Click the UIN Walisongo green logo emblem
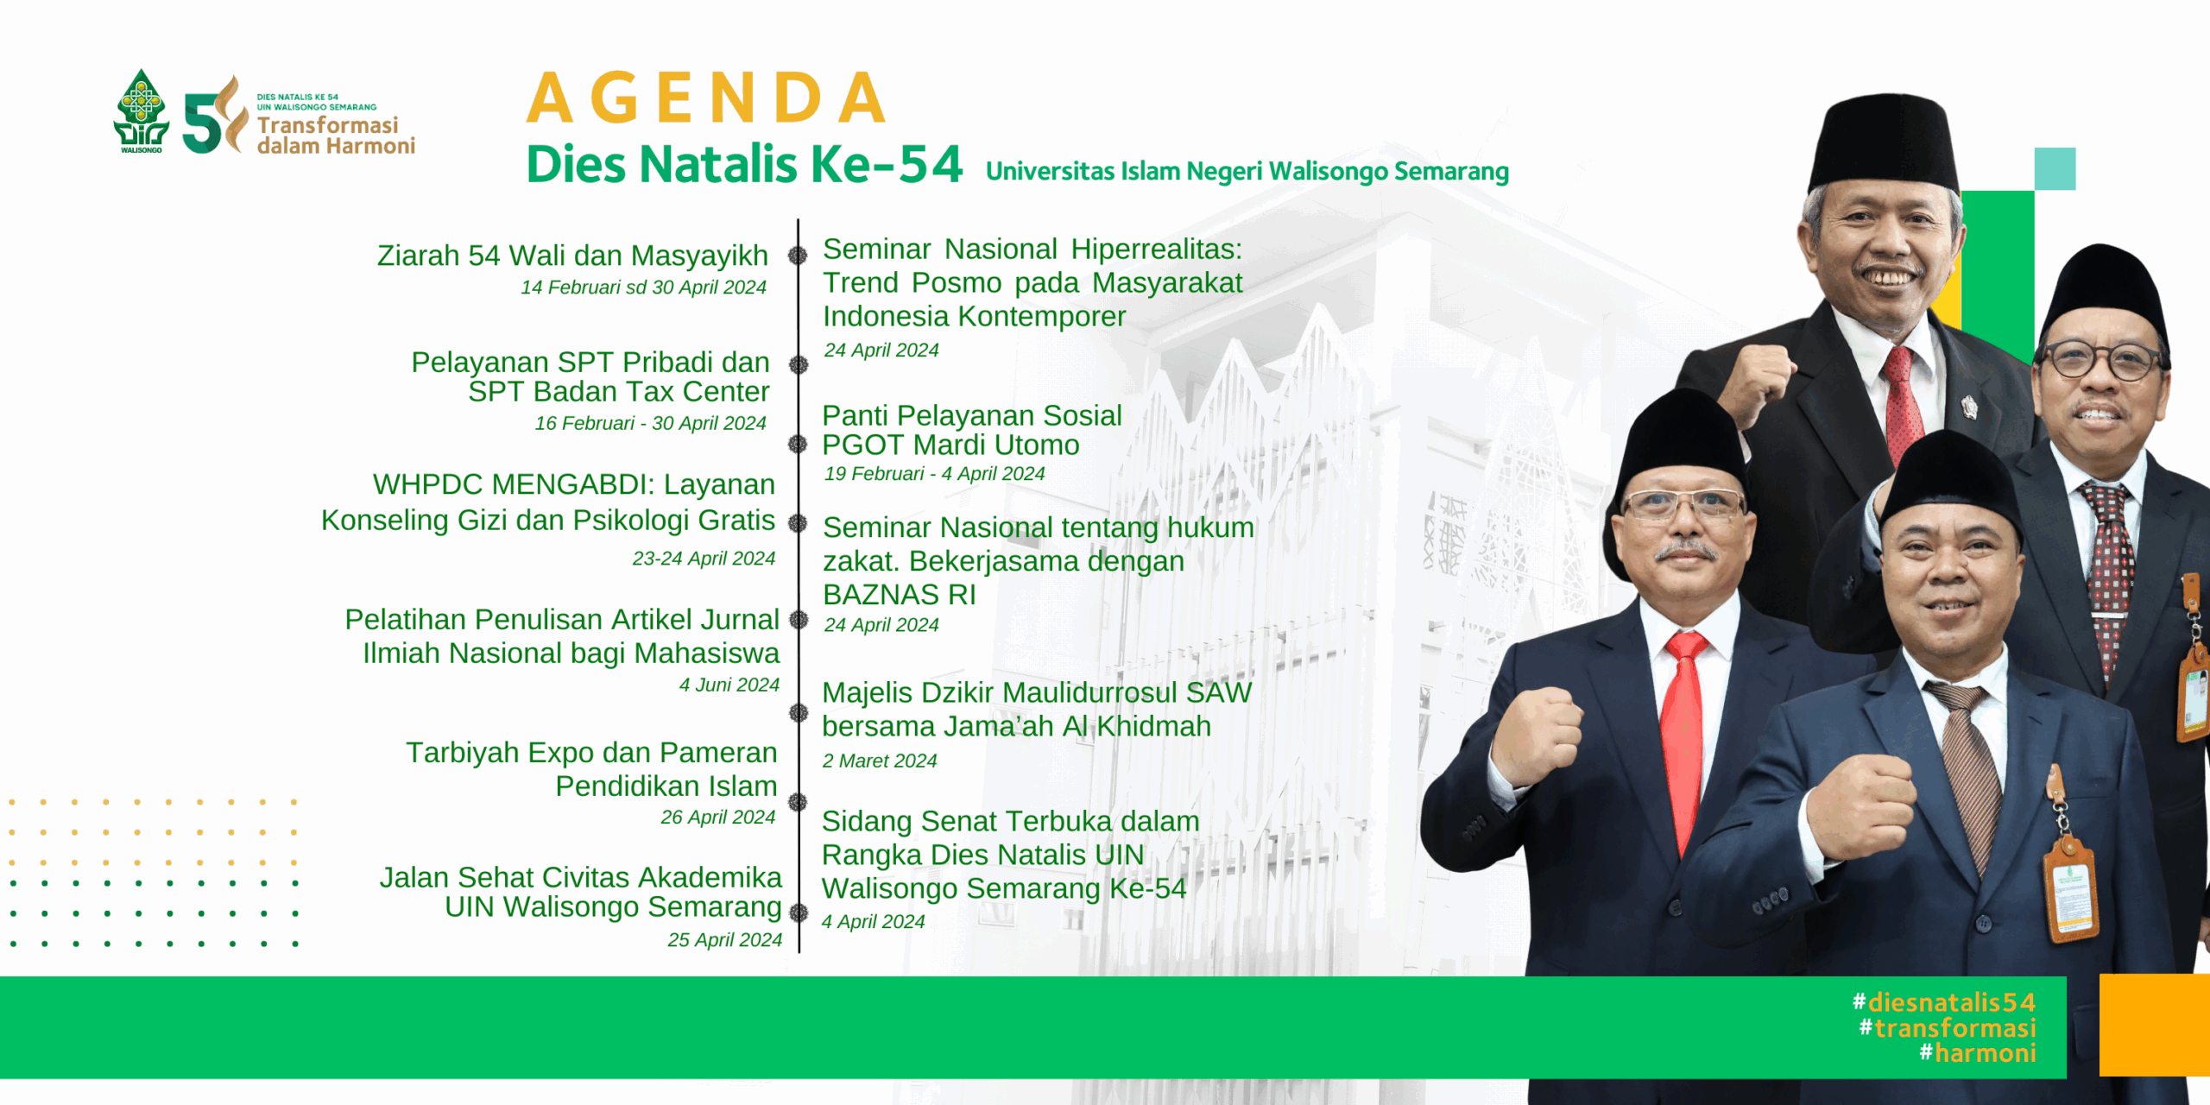click(141, 110)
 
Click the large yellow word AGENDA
click(707, 98)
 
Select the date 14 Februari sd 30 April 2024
click(643, 287)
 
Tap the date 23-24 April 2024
click(704, 559)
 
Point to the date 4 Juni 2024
click(729, 685)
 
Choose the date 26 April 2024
click(718, 817)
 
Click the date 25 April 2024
click(725, 939)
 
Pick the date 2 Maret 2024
click(880, 761)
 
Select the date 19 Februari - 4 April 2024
click(935, 473)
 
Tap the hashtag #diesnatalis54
click(1944, 1002)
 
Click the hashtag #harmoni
click(1978, 1053)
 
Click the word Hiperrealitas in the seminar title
click(1157, 249)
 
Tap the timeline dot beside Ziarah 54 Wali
click(798, 256)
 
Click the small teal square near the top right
click(2055, 168)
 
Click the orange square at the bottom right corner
click(2155, 1025)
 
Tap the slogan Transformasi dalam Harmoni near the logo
click(336, 136)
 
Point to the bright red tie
click(1685, 734)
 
